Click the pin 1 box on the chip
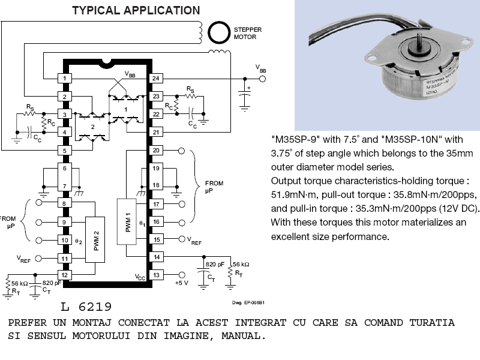coord(64,79)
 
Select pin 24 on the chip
coord(156,79)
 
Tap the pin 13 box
coord(156,275)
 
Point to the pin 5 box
coord(64,149)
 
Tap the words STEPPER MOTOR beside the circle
coord(247,33)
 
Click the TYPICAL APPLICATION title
coord(136,10)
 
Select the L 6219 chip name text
coord(86,307)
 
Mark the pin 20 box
coord(156,151)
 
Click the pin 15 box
coord(156,239)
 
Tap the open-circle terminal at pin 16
coord(182,222)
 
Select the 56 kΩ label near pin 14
coord(241,264)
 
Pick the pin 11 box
coord(64,259)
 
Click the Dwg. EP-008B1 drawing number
coord(248,302)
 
